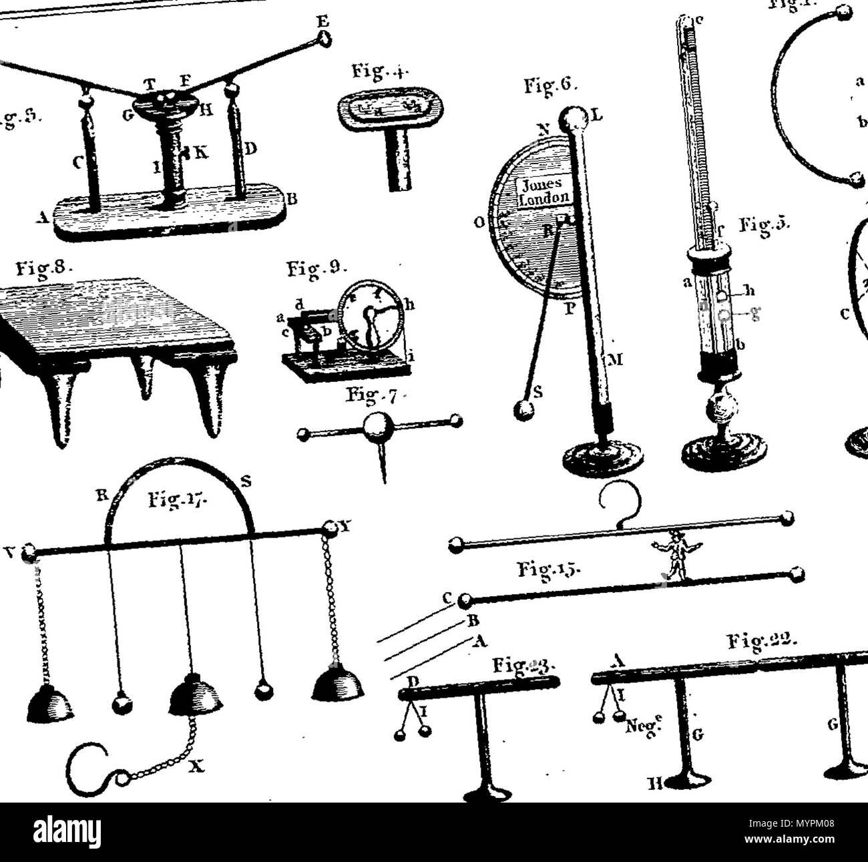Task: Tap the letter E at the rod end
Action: point(322,20)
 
